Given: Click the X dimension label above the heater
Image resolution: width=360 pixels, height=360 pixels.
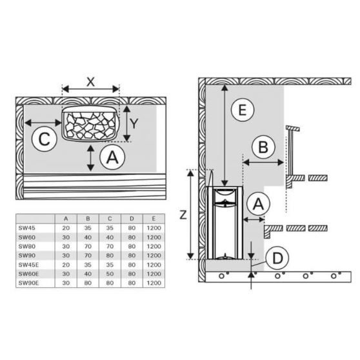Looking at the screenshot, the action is pyautogui.click(x=91, y=81).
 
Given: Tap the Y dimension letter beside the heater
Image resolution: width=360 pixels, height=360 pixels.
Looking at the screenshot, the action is pyautogui.click(x=134, y=124).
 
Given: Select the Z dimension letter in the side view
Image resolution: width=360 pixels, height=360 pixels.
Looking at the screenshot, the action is pyautogui.click(x=183, y=215).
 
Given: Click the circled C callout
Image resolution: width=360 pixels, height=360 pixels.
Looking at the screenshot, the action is pyautogui.click(x=45, y=139).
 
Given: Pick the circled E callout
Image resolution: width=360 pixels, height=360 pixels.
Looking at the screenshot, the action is pyautogui.click(x=243, y=110).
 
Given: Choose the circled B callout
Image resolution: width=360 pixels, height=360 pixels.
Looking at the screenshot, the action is pyautogui.click(x=263, y=146).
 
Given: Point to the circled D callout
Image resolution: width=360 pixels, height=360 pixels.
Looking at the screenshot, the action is pyautogui.click(x=277, y=258).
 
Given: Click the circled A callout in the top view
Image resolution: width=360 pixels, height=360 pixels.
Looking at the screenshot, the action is pyautogui.click(x=112, y=157).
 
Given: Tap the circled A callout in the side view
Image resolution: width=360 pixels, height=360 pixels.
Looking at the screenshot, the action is pyautogui.click(x=258, y=204).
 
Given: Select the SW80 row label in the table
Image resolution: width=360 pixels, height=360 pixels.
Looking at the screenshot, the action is pyautogui.click(x=27, y=246).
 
